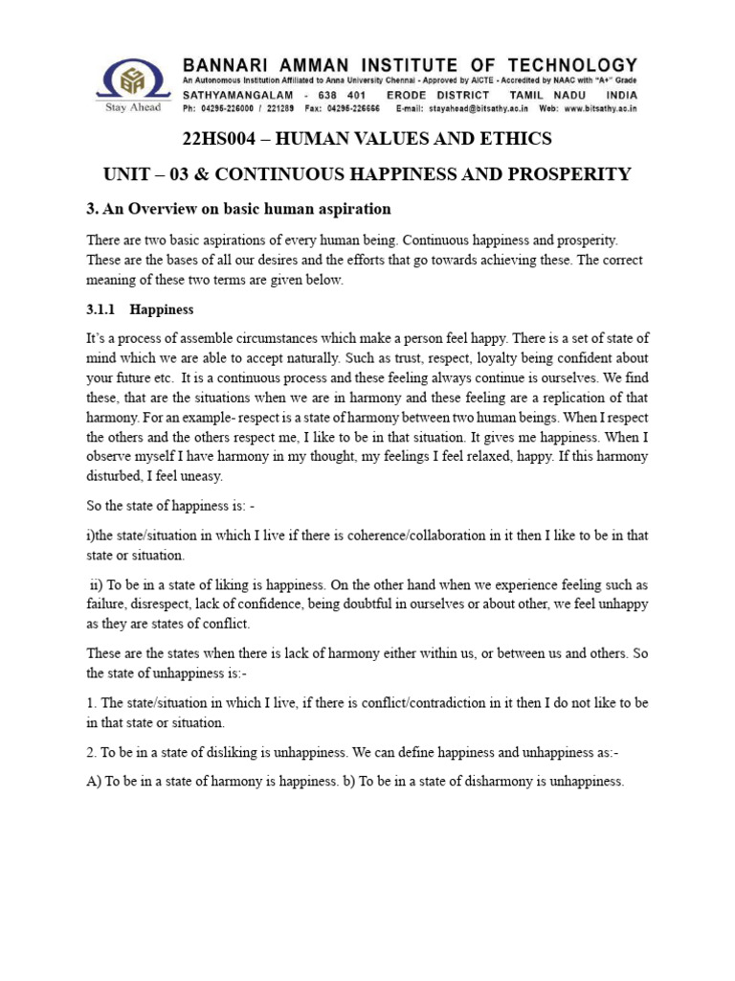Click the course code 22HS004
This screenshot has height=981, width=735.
222,139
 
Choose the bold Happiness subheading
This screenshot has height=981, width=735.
162,310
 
